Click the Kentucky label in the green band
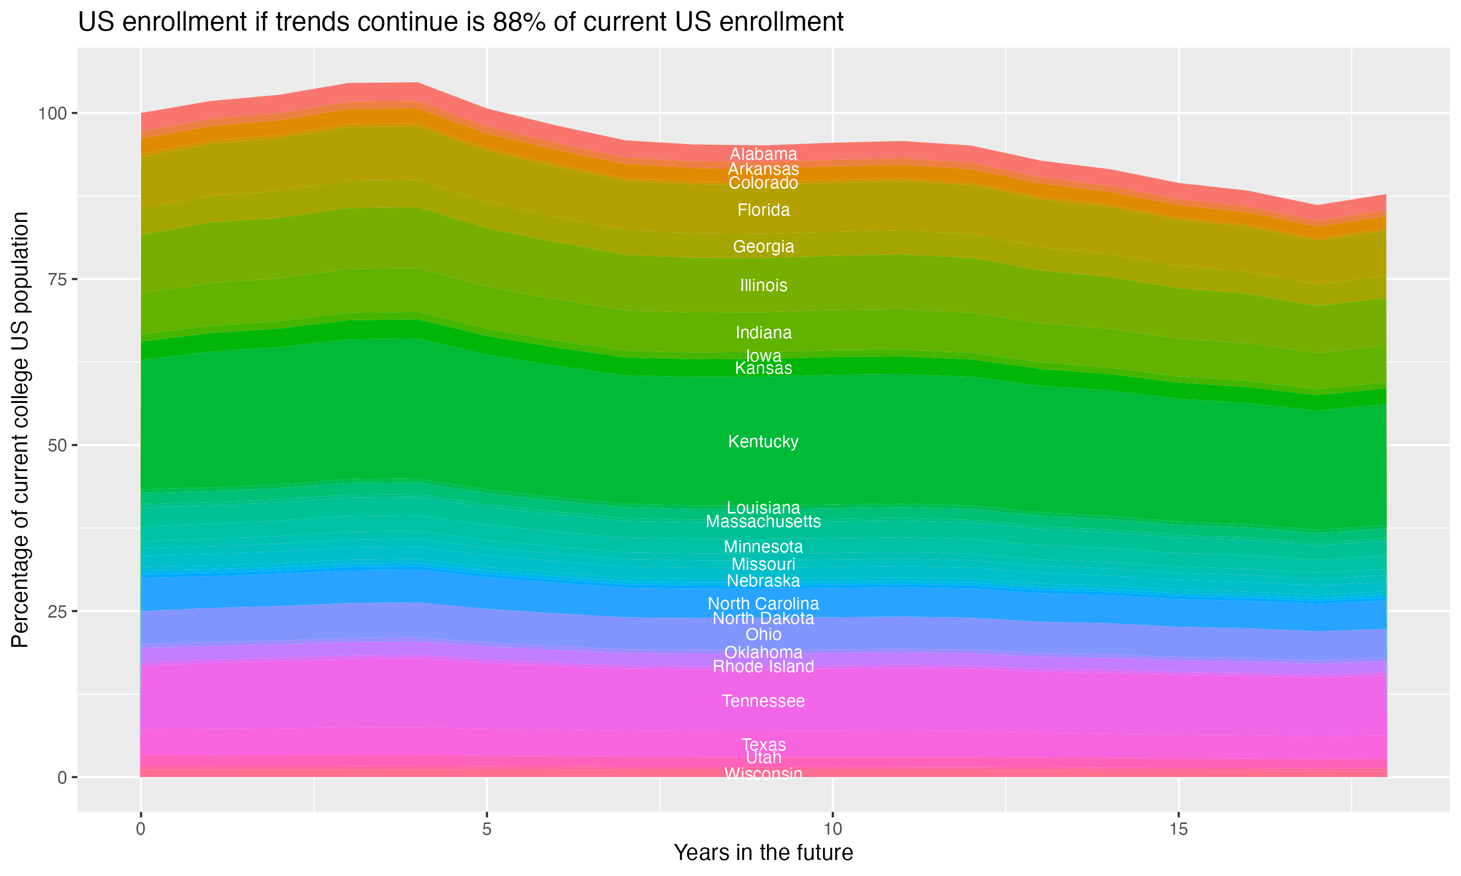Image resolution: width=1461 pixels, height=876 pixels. pos(763,441)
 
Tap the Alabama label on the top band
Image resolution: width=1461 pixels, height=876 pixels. pos(763,154)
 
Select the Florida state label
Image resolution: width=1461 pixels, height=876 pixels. pos(763,210)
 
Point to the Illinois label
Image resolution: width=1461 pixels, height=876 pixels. pos(763,286)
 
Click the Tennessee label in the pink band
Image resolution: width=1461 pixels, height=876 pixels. pos(763,701)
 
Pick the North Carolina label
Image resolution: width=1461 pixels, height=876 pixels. pos(763,604)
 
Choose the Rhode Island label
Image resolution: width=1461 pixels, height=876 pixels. pos(763,666)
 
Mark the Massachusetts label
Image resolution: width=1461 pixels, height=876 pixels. pos(763,522)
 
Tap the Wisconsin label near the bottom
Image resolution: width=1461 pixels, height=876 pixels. pos(763,773)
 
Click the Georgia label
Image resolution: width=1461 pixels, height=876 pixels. pos(763,247)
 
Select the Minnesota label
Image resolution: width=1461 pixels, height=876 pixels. pos(763,547)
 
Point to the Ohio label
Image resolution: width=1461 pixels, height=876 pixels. pos(763,635)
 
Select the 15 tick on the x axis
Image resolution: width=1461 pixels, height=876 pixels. pos(1178,829)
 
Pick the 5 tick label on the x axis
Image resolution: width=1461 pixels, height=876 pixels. pos(487,829)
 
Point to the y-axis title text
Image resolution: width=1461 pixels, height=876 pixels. pos(20,430)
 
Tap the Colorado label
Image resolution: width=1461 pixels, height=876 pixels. pos(763,183)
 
